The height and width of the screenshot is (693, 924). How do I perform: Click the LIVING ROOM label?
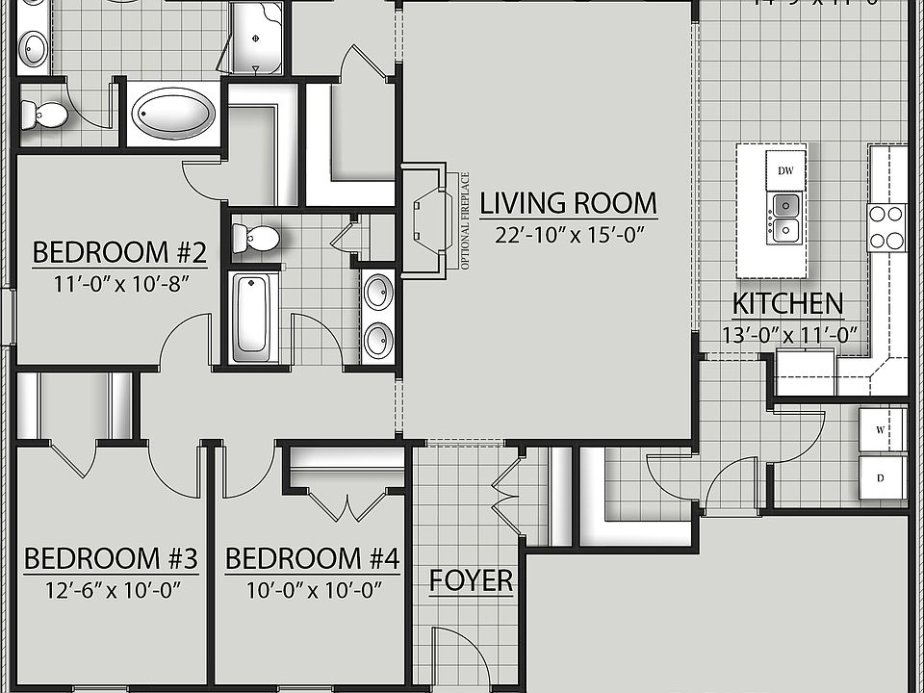point(568,204)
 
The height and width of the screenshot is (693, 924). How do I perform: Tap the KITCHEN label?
point(787,304)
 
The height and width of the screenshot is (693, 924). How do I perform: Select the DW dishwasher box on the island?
point(785,170)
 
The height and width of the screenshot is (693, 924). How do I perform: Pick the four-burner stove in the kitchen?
point(886,227)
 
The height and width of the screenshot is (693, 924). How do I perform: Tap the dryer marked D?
point(884,477)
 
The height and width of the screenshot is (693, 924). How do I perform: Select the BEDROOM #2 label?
point(119,253)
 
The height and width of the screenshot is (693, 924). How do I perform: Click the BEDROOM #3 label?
point(111,558)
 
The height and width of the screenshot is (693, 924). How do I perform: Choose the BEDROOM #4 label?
point(312,558)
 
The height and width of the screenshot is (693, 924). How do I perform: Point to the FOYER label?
point(471,580)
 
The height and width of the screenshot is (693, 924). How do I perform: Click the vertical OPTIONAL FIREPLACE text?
point(465,220)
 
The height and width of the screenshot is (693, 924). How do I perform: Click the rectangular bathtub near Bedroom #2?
point(255,315)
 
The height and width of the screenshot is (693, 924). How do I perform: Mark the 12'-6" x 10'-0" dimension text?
point(111,589)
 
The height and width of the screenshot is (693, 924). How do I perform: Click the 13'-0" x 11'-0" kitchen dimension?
point(789,335)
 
